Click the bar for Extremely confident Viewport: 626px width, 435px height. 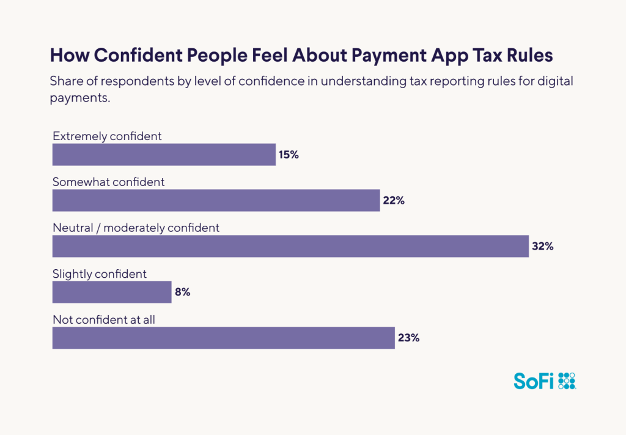pos(164,155)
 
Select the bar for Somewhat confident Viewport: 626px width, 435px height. pos(216,201)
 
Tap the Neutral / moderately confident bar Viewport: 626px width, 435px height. pos(290,246)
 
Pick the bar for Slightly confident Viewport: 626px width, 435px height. pos(112,292)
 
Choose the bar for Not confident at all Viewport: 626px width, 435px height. pos(223,338)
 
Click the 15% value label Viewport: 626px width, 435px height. pos(289,155)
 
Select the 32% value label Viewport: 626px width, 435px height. pos(542,246)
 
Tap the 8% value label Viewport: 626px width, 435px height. pos(183,292)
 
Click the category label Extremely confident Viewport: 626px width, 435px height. pos(107,136)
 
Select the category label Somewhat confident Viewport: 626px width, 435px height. pos(108,182)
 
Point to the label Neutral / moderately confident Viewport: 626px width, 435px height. pos(136,228)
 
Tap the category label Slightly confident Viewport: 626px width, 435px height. pos(100,273)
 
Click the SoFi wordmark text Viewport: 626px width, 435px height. pos(534,381)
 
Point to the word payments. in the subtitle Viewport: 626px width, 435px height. pos(79,98)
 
